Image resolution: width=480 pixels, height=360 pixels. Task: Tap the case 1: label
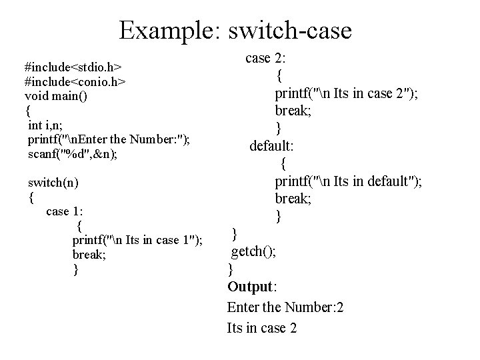pos(65,211)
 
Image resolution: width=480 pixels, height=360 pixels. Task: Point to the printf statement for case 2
pos(347,94)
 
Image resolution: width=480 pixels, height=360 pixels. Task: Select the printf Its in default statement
pos(348,181)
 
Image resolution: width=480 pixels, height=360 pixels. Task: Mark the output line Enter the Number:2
pos(285,307)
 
